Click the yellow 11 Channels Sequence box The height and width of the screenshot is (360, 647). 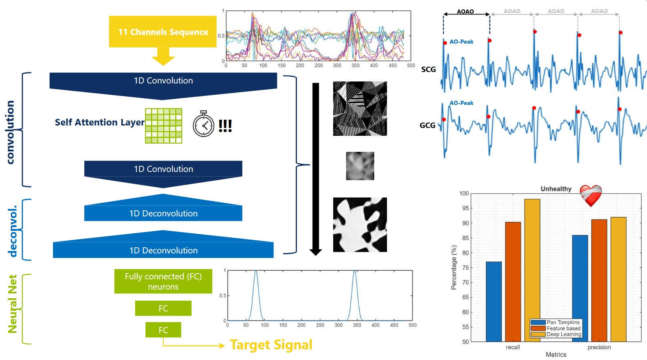point(163,32)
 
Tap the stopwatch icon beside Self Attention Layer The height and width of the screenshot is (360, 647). point(204,124)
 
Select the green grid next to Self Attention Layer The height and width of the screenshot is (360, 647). point(163,126)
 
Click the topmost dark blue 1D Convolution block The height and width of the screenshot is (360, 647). point(163,81)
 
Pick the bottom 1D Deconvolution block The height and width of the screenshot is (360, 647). point(163,250)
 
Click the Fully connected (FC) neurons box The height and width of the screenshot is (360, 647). point(163,281)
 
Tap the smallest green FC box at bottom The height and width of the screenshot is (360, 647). point(163,330)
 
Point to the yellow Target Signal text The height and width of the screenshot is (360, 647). point(271,345)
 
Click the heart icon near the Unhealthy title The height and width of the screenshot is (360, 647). point(591,195)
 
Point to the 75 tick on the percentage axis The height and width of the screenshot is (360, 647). point(465,267)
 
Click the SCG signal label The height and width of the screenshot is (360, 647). point(428,70)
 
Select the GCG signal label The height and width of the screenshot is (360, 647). point(427,125)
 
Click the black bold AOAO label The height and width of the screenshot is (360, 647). point(465,12)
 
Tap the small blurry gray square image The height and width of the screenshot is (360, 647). point(360,166)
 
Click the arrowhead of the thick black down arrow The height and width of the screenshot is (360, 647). point(315,252)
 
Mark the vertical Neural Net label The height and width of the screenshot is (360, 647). point(13,304)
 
